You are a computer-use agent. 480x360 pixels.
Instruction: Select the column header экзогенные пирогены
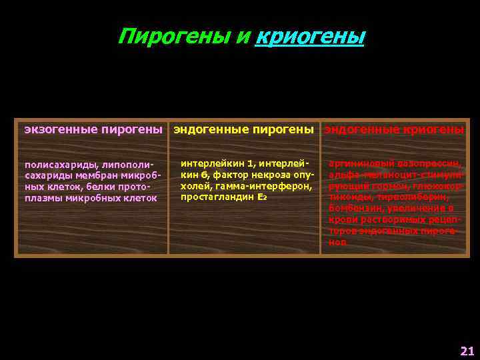tap(93, 129)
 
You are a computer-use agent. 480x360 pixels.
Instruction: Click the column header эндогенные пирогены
tap(243, 129)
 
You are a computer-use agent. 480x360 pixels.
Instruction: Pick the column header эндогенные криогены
tap(394, 129)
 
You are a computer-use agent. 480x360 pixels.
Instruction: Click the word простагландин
tap(213, 197)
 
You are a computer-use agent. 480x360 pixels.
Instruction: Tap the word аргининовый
tap(358, 164)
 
